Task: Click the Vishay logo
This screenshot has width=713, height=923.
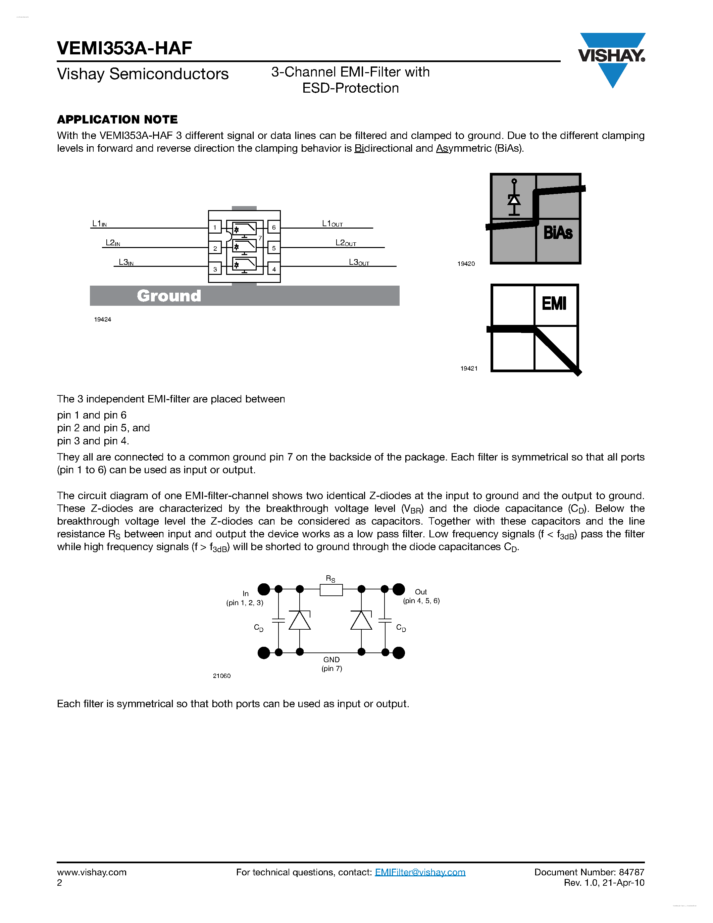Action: (x=612, y=57)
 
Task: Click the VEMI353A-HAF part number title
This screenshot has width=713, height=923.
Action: (x=124, y=48)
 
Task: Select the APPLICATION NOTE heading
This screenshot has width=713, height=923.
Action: (x=117, y=119)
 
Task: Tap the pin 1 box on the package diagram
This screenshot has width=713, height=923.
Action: (x=215, y=227)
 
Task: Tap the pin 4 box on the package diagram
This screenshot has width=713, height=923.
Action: (x=274, y=269)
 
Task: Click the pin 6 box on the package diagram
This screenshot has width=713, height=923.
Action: (x=274, y=227)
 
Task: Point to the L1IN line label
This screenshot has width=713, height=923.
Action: (x=99, y=223)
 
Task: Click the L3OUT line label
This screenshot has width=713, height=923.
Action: (x=359, y=262)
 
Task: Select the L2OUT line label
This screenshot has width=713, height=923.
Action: (x=346, y=243)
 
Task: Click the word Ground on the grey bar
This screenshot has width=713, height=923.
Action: (x=169, y=296)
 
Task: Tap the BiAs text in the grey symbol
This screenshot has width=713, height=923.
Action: (x=558, y=233)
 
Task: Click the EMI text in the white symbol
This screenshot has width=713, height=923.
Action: (x=554, y=303)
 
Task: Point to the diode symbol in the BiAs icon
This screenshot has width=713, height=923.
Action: (x=514, y=199)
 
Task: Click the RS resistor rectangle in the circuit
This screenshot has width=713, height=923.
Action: (x=331, y=590)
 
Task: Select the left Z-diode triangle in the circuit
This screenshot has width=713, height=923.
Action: (x=300, y=621)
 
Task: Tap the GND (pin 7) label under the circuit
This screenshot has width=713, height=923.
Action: (x=332, y=664)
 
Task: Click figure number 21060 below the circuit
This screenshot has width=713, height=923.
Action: (x=222, y=676)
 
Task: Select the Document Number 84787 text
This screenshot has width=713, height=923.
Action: (x=589, y=872)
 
